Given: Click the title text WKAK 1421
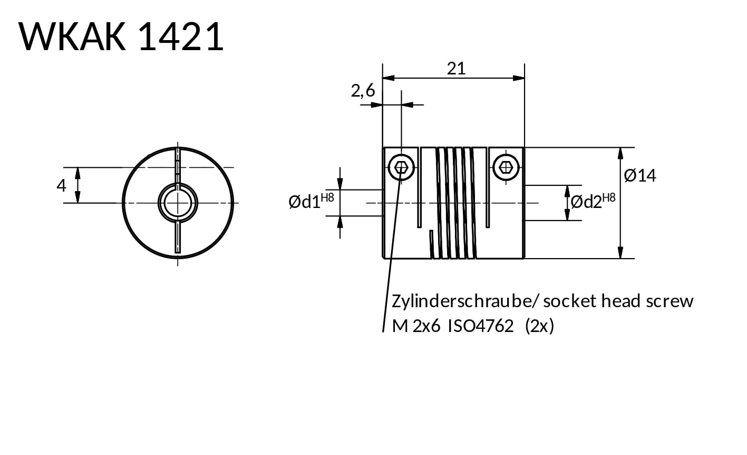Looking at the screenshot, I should pos(121,37).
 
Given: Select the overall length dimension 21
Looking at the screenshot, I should pos(456,68).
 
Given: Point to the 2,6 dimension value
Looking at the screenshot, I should pos(363,91).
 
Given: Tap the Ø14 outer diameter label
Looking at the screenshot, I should pos(640,175).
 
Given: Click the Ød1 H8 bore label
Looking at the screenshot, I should pos(311,201).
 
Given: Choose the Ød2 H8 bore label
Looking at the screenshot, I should pos(593,201).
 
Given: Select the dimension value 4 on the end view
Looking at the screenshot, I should pos(62,186).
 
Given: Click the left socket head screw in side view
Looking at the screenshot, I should pos(401,168).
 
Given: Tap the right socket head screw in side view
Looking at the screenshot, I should pos(507,168).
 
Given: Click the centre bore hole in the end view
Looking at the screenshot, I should pos(178,203).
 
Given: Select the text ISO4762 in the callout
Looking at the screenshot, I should pos(480,327).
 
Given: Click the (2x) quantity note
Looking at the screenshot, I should pos(539,327).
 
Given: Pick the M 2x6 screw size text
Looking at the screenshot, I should pos(416,327).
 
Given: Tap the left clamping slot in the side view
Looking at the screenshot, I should pos(420,187).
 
